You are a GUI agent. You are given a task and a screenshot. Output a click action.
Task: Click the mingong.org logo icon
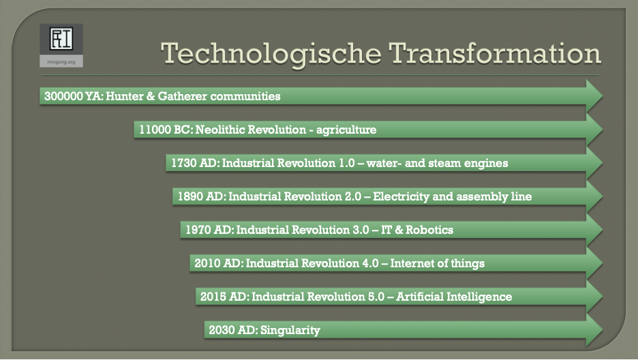(61, 39)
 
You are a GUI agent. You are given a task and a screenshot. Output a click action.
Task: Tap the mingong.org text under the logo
(61, 62)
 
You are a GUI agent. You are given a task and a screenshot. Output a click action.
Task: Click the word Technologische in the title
(271, 54)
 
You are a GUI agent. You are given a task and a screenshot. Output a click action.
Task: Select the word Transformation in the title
(495, 53)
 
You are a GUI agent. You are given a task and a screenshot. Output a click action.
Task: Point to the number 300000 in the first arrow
(63, 96)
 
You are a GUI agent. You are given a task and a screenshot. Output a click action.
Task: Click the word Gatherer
(182, 96)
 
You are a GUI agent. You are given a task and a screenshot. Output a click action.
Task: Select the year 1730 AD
(195, 163)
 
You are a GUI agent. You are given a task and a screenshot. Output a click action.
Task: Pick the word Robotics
(429, 230)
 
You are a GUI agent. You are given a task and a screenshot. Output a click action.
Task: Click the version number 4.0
(370, 263)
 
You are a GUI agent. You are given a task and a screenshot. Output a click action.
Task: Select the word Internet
(408, 263)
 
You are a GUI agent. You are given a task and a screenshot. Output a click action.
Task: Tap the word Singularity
(290, 330)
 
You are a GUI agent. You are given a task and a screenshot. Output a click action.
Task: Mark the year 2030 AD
(232, 330)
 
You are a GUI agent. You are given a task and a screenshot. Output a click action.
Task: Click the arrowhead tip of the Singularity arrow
(603, 330)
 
